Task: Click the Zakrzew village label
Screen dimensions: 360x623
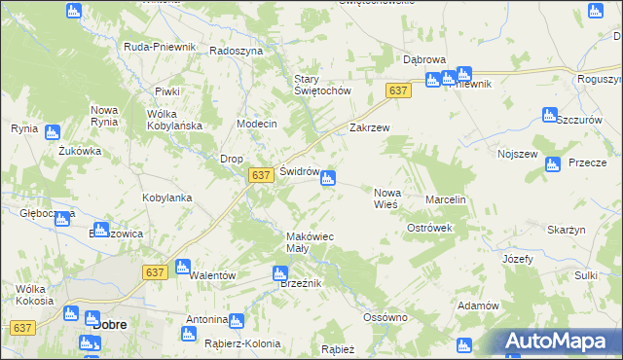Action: tap(369, 127)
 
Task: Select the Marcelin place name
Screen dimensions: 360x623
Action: tap(447, 199)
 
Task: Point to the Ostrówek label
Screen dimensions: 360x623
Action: tap(429, 228)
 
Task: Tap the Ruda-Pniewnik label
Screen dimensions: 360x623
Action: tap(160, 47)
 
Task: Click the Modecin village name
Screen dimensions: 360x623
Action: tap(257, 125)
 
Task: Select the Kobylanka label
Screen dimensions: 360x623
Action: tap(167, 198)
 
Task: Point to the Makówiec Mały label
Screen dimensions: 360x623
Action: tap(311, 242)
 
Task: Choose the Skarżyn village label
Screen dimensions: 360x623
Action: tap(566, 230)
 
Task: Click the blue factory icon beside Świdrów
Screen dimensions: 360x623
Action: tap(329, 178)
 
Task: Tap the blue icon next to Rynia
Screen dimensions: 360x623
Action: tap(52, 132)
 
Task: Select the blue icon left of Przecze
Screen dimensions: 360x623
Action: tap(553, 164)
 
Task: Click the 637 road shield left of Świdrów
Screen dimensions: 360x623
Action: tap(259, 175)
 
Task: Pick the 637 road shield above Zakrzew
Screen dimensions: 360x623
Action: tap(397, 90)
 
